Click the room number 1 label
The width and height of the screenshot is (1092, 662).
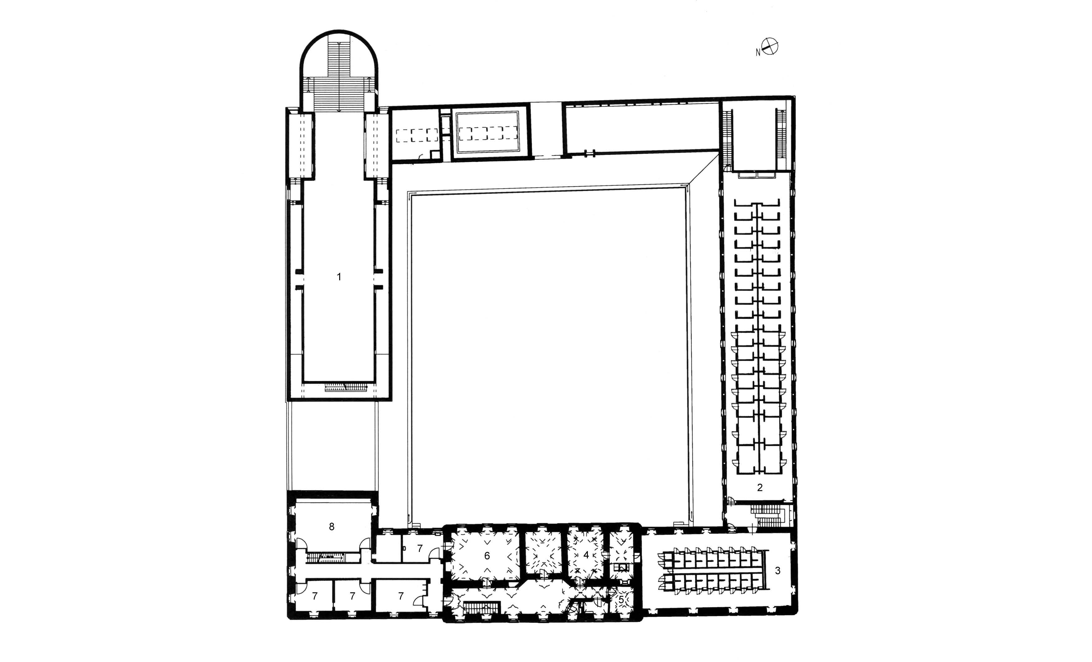339,277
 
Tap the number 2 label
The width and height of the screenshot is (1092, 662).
760,487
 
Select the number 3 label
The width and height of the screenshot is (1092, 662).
777,571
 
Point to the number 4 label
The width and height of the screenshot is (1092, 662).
586,554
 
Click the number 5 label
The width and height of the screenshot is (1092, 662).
621,599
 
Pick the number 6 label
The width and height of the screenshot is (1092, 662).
487,556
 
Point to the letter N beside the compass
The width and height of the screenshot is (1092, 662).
758,53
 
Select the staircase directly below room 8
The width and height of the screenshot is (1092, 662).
327,557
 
